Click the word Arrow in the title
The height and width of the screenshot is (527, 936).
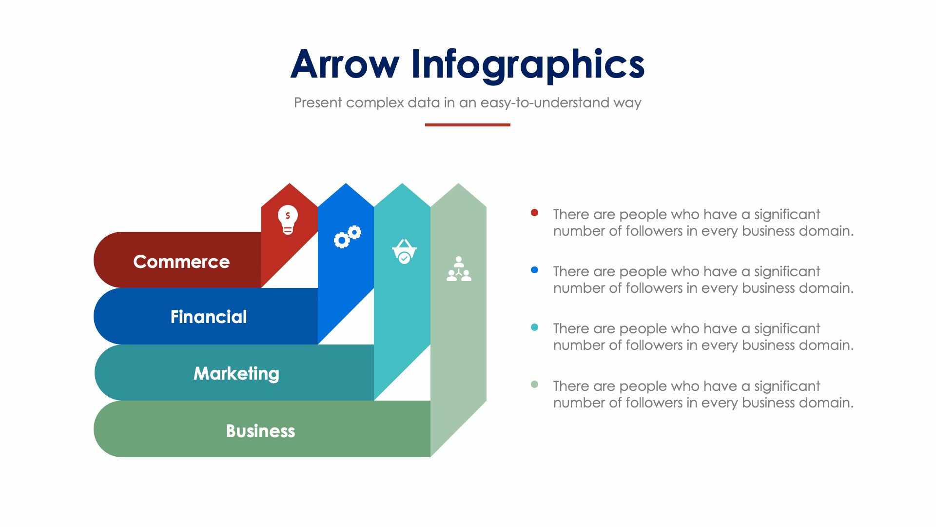[345, 64]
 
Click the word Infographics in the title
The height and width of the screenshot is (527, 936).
[527, 64]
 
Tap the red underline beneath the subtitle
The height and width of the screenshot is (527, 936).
[467, 125]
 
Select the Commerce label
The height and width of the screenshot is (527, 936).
[181, 262]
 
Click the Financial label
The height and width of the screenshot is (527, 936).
[209, 317]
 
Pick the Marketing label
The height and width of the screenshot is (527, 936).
[236, 373]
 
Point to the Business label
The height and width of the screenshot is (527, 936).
[260, 431]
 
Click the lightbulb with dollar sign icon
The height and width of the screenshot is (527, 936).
[288, 220]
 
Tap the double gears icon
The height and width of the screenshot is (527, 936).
[348, 237]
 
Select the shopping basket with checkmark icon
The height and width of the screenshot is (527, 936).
[404, 251]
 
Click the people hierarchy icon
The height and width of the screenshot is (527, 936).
[459, 269]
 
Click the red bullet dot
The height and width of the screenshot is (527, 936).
[534, 213]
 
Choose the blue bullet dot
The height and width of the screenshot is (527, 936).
[534, 270]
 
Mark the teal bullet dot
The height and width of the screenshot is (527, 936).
[534, 327]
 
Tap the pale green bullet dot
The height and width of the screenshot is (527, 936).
[534, 385]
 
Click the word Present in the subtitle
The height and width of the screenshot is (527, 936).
[318, 102]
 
